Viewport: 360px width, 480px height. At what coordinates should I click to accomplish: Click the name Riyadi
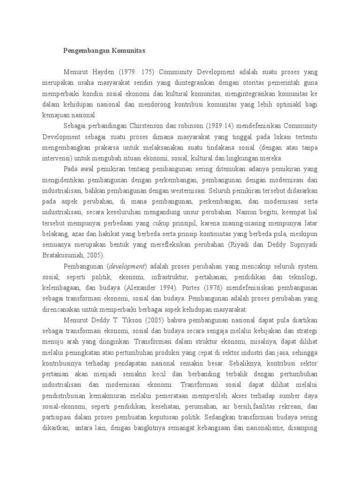click(238, 244)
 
